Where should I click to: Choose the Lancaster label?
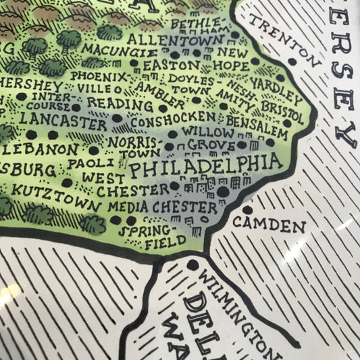pos(63,119)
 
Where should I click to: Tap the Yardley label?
pos(276,87)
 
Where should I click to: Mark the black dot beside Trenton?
pos(292,61)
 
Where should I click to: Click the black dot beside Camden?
pos(248,210)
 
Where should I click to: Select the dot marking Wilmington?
pos(195,265)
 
